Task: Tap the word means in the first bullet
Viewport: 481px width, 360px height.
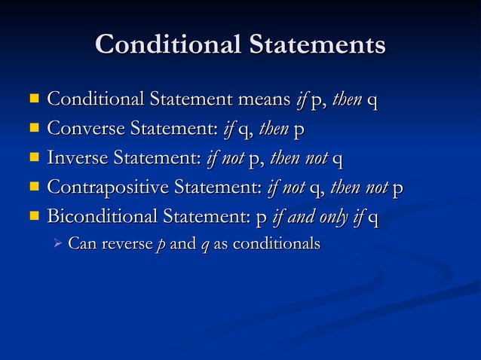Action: [263, 99]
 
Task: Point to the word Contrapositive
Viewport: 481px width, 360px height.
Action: [108, 188]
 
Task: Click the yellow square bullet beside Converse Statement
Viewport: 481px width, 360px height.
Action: [33, 129]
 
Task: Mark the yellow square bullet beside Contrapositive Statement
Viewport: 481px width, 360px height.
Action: [33, 188]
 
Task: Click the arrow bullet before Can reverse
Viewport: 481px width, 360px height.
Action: [55, 244]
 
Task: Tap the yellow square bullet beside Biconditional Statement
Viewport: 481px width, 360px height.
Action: [33, 218]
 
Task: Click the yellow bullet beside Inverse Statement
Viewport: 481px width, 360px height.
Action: [33, 158]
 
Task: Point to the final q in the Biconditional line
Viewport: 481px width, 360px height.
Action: [373, 219]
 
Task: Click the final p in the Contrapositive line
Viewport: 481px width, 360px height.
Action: [398, 189]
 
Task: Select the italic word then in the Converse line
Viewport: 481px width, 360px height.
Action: [272, 129]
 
